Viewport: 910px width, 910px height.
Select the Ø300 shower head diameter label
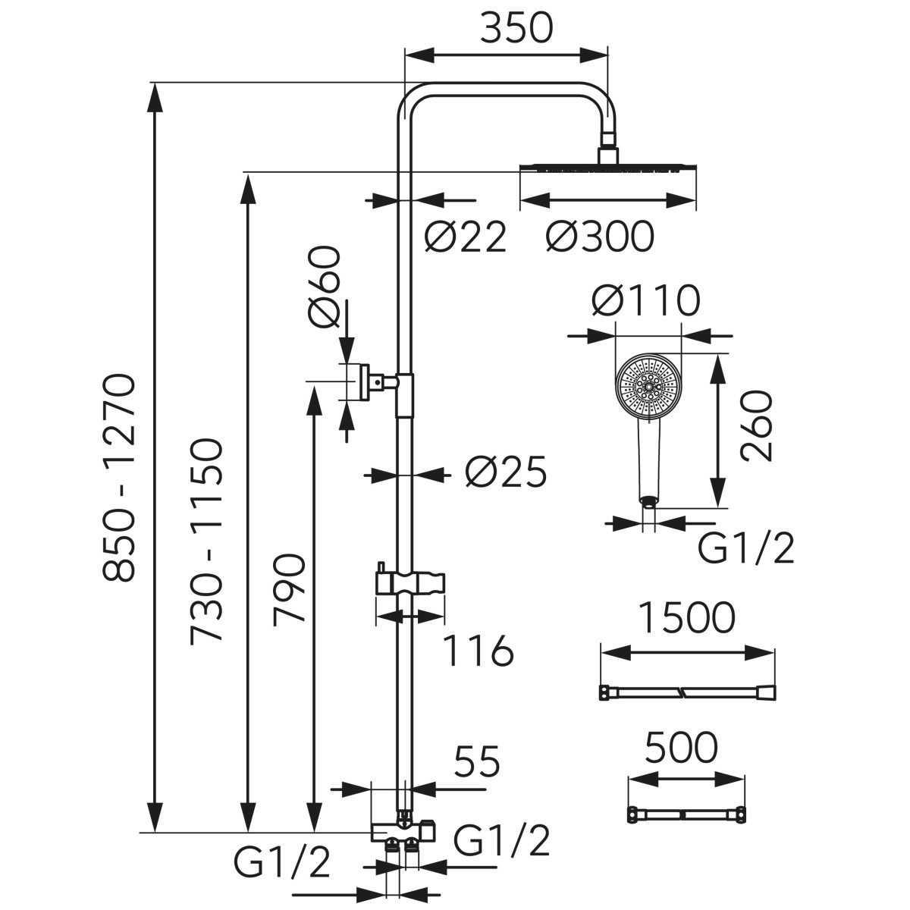[x=599, y=237]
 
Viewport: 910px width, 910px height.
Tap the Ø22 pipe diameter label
[x=464, y=237]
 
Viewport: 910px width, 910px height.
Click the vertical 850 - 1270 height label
[x=120, y=477]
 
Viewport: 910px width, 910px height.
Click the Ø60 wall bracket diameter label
[x=325, y=287]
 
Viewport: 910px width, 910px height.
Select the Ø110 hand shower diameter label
[x=645, y=301]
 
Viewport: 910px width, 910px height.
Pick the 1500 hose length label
[x=686, y=618]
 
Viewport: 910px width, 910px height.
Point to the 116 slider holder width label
[x=478, y=651]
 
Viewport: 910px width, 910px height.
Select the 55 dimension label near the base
[x=478, y=761]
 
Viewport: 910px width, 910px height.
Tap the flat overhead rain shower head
[x=607, y=168]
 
